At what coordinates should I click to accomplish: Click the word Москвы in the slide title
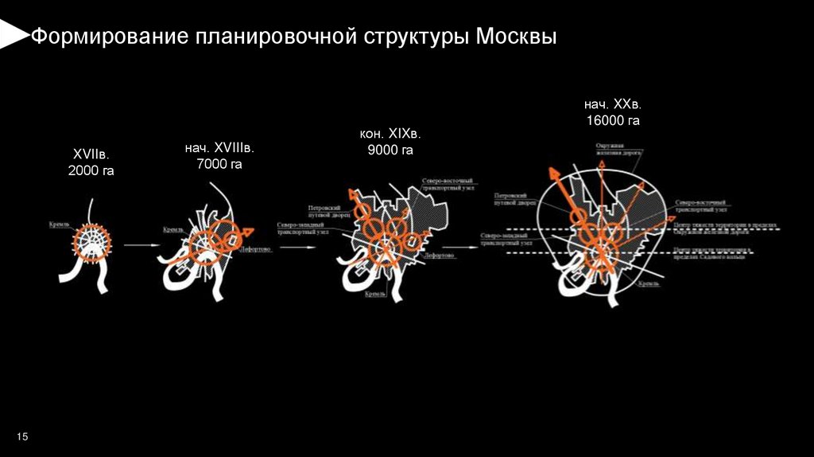coord(517,37)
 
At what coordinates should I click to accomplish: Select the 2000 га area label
coord(91,170)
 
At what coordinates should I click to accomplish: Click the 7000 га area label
coord(219,164)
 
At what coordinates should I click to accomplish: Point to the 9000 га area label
coord(390,149)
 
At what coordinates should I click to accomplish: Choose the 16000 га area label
coord(613,120)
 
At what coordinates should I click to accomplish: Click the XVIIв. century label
coord(91,154)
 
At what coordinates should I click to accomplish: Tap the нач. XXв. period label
coord(613,104)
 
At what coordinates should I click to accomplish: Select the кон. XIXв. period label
coord(390,133)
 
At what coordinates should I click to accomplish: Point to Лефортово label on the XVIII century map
coord(254,249)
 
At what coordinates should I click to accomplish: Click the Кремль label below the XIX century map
coord(375,294)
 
